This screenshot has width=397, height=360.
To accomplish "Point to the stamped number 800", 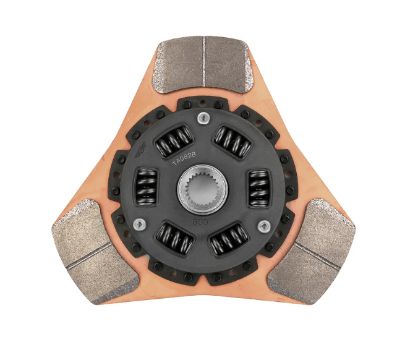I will [x=200, y=220].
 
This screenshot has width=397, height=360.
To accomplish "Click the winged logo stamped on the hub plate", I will [x=142, y=150].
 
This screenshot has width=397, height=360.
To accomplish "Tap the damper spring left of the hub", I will [x=145, y=185].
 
